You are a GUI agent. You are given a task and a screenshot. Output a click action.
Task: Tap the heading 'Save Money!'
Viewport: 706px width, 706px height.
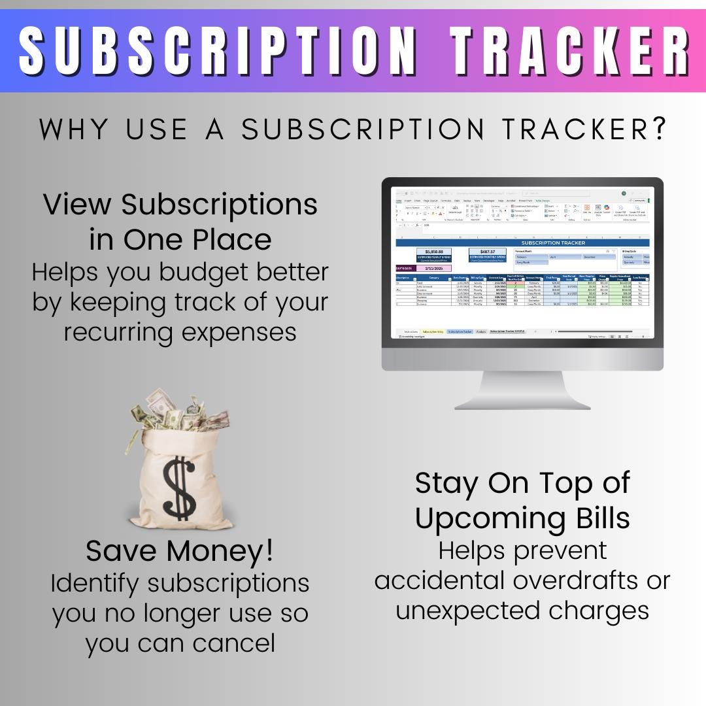[180, 551]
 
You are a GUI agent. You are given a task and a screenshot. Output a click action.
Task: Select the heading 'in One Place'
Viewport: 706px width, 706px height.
[180, 239]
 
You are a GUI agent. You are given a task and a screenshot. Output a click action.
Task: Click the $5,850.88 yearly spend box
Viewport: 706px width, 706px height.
[434, 254]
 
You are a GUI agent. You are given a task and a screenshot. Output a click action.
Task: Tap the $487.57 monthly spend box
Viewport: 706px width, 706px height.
[488, 254]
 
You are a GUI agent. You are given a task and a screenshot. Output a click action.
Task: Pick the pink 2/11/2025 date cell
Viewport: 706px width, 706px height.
[434, 268]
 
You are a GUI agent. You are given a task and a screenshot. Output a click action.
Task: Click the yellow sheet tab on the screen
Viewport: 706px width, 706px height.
[433, 331]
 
